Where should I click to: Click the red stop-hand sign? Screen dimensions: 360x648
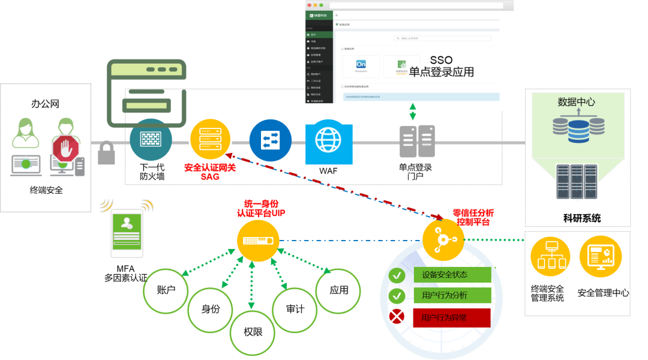pos(66,148)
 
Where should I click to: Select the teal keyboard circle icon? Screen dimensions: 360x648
pos(151,139)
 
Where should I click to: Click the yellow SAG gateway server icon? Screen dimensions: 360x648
pos(210,139)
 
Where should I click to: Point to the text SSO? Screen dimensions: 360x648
pos(441,60)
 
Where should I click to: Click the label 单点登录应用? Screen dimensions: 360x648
pos(442,73)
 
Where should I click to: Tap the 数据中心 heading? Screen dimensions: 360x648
pos(576,102)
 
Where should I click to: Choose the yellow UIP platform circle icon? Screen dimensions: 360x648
pos(258,241)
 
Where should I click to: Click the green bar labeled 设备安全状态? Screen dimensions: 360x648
pos(452,275)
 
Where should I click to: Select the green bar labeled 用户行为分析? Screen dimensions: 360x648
pos(452,295)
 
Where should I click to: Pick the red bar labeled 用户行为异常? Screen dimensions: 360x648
pos(452,317)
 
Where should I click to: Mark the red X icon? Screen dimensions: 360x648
pos(397,316)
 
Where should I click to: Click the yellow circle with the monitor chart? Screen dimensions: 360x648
pos(601,256)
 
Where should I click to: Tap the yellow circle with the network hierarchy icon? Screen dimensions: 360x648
pos(550,256)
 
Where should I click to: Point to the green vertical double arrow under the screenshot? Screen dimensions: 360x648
pos(413,112)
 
